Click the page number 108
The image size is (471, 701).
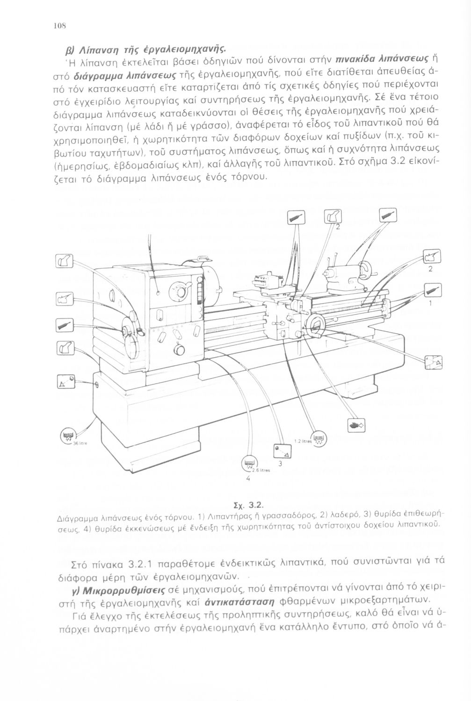click(x=58, y=26)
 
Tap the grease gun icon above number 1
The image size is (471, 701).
click(x=433, y=289)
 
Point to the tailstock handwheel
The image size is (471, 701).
click(x=364, y=271)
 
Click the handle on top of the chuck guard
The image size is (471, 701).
click(x=202, y=257)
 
